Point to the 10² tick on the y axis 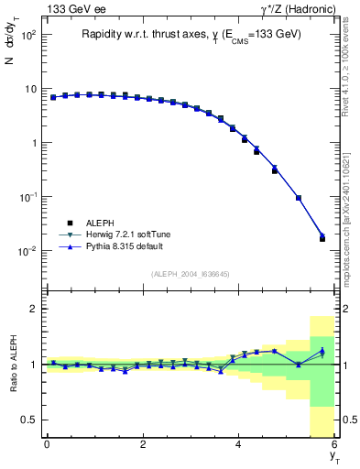click(27, 35)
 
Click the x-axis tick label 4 click(238, 444)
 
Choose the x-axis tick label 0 click(47, 444)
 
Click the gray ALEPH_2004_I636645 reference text click(191, 274)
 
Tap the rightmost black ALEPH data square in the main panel click(322, 238)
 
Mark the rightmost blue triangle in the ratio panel click(322, 353)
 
